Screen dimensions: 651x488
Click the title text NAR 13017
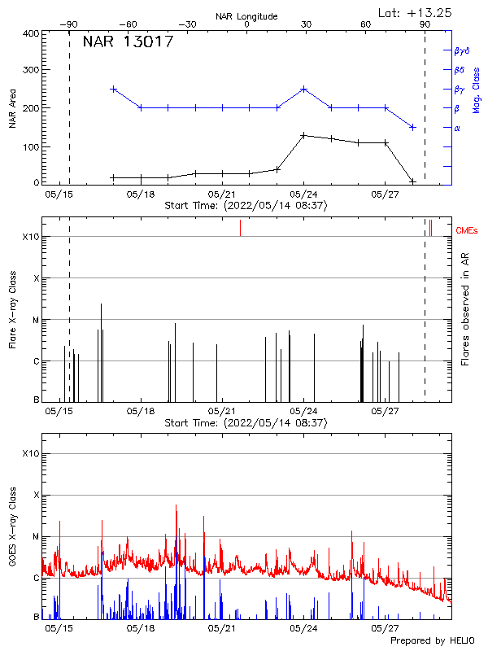pos(128,42)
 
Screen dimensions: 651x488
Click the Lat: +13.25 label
pos(416,12)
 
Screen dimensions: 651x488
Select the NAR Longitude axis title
pos(246,16)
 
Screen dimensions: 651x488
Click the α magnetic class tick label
pos(457,128)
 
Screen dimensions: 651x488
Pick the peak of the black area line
pos(303,135)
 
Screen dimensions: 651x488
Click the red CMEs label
pos(468,231)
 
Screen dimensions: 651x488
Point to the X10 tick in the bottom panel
pos(29,452)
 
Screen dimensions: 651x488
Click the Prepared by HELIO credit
pos(432,641)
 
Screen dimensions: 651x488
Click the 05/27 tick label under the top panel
pos(385,195)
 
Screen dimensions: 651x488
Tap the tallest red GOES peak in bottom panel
pos(176,505)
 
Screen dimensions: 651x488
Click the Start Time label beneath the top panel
pos(246,206)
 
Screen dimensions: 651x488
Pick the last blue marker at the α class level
pos(413,127)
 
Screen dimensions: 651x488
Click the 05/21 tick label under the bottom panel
pos(221,628)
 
